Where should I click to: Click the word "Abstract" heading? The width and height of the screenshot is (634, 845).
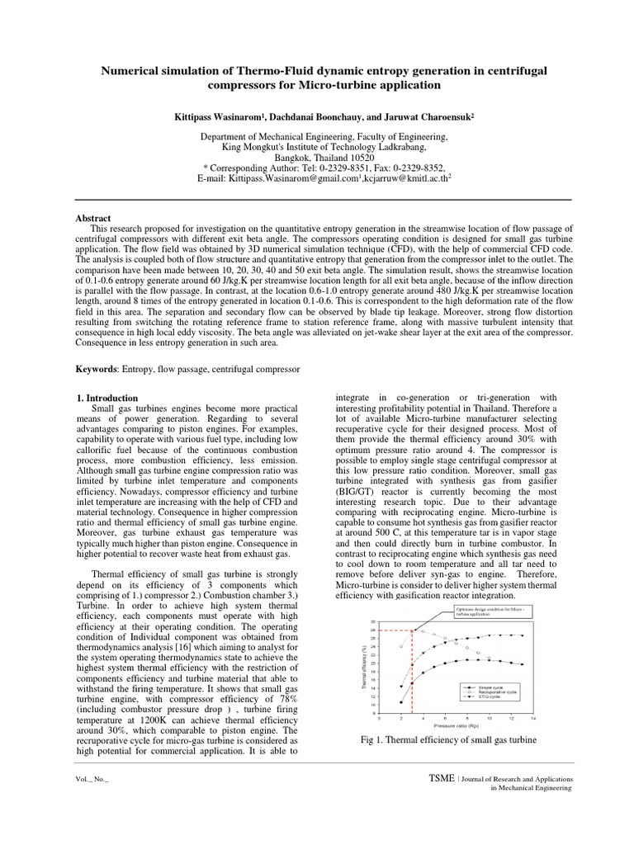(x=93, y=218)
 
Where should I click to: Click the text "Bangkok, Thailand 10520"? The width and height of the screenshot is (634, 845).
(x=317, y=157)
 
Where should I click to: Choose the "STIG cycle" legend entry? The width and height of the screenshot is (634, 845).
(x=494, y=697)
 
